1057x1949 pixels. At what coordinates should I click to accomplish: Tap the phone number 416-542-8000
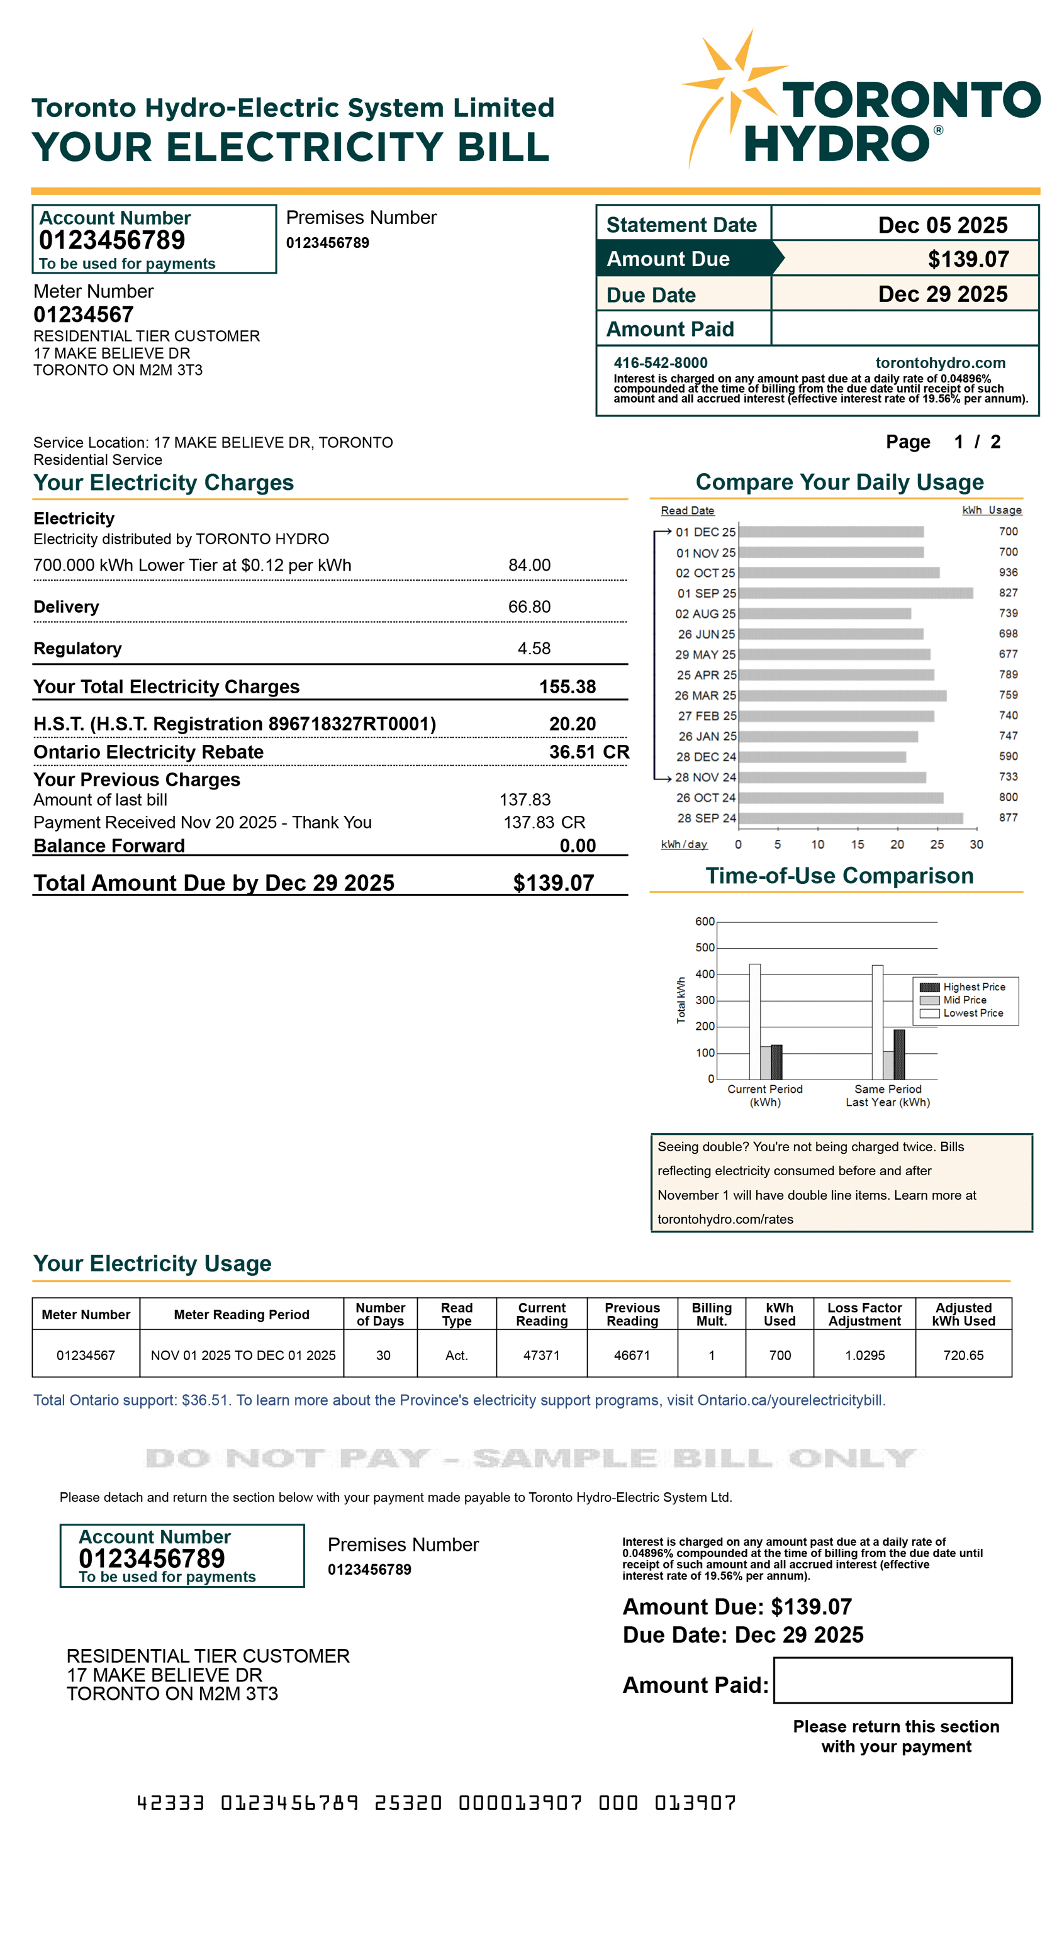(x=660, y=362)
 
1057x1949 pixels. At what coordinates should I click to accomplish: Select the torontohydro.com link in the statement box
(x=940, y=362)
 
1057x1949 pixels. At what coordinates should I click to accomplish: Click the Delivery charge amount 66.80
(x=529, y=607)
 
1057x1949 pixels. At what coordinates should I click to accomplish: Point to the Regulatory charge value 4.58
(x=534, y=649)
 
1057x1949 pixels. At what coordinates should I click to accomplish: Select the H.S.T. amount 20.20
(x=572, y=724)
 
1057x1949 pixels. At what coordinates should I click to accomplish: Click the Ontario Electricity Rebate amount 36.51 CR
(x=589, y=752)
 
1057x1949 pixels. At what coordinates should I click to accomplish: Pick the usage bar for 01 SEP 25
(x=855, y=593)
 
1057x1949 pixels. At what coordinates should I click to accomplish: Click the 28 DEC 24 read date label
(x=705, y=757)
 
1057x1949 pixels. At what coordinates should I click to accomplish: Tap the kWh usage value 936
(x=1008, y=572)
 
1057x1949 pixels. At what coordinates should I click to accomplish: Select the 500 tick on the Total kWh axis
(x=705, y=947)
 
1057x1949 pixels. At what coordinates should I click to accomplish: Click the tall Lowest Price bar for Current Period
(x=754, y=1022)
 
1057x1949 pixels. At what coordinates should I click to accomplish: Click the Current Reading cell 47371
(x=541, y=1355)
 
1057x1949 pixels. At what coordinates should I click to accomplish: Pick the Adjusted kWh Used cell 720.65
(x=963, y=1355)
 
